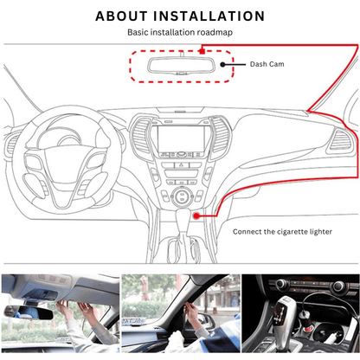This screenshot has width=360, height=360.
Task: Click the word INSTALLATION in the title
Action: [209, 16]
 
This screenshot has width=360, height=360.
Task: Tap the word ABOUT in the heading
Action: [121, 16]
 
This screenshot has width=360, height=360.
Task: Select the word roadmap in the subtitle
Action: [215, 32]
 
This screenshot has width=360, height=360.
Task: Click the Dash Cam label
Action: [267, 64]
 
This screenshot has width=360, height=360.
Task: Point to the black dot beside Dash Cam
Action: [222, 64]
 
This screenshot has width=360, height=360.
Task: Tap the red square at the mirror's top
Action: [202, 51]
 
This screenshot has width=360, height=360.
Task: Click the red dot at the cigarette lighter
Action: [196, 215]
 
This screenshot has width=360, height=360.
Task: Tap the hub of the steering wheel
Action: [66, 162]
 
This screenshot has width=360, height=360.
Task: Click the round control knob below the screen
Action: [182, 196]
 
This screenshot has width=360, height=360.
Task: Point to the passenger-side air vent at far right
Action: [341, 140]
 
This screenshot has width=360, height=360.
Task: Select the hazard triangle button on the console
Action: [182, 165]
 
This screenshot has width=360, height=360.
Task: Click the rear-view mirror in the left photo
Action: [29, 312]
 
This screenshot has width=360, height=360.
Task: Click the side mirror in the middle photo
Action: [203, 318]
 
